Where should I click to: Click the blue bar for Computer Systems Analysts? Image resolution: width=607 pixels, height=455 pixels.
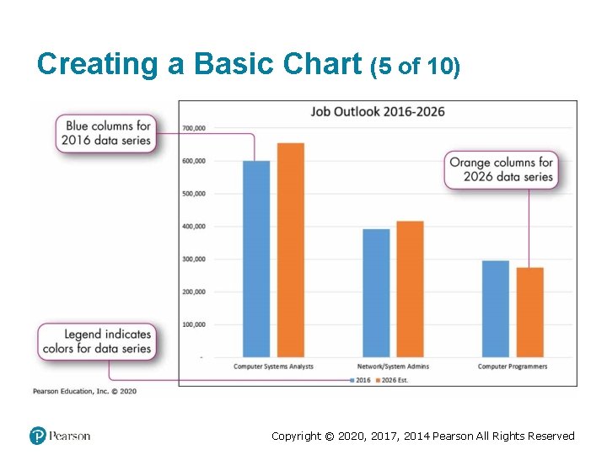[x=256, y=259]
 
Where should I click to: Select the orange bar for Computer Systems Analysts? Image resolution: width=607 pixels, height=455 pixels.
[x=291, y=250]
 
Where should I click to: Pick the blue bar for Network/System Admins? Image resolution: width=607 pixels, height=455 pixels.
[x=376, y=292]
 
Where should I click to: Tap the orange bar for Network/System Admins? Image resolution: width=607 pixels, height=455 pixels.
[x=410, y=289]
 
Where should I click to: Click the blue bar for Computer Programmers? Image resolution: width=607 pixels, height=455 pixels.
[x=496, y=308]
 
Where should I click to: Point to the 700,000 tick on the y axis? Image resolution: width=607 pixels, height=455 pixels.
[x=194, y=128]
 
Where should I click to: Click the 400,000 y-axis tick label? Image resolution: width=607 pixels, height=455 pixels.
[x=194, y=227]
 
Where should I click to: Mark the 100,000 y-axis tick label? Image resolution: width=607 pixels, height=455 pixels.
[x=194, y=324]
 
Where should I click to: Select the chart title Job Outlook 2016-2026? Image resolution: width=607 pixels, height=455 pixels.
[x=378, y=111]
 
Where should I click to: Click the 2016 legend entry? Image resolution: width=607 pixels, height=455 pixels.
[x=360, y=380]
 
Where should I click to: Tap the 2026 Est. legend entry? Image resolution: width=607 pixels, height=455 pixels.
[x=391, y=380]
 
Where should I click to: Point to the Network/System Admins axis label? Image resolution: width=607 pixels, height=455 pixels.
[x=393, y=367]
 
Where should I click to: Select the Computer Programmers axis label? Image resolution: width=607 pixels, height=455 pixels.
[x=513, y=367]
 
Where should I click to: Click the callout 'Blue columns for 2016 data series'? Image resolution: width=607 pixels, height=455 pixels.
[x=107, y=133]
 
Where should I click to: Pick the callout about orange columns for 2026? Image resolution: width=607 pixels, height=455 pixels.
[x=501, y=169]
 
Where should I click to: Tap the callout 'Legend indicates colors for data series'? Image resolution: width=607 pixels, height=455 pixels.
[x=96, y=341]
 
